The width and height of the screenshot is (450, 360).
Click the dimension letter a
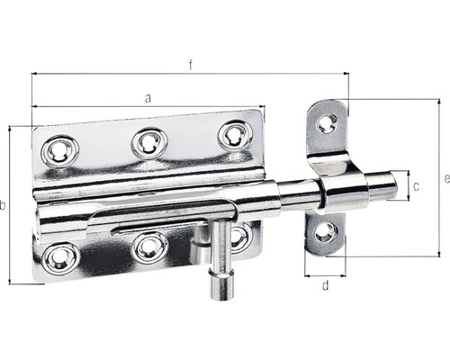[x=148, y=99]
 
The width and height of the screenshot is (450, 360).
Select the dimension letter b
[x=4, y=206]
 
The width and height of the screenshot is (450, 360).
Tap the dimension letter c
[x=415, y=186]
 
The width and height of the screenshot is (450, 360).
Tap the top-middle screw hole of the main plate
[x=148, y=141]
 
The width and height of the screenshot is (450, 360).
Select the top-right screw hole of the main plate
[x=235, y=134]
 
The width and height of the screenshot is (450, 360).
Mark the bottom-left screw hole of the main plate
[x=60, y=256]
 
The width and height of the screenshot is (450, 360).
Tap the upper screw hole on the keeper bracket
[x=326, y=124]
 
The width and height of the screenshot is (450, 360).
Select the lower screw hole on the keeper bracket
[x=325, y=233]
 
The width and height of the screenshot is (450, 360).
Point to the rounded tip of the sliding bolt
[x=392, y=185]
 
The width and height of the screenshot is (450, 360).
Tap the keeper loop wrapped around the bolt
[x=343, y=190]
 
